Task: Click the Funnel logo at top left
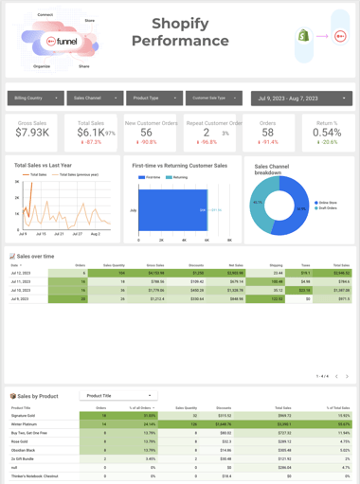pos(64,42)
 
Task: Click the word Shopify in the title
pos(180,24)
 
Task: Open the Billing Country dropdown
pos(35,98)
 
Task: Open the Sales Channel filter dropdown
pos(95,98)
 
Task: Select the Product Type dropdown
pos(154,98)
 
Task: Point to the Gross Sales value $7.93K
pos(32,133)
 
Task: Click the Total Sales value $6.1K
pos(91,134)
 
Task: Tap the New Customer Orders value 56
pos(147,134)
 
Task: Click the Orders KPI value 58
pos(267,134)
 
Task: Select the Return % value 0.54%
pos(327,134)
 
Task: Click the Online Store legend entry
pos(326,203)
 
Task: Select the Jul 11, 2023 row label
pos(21,281)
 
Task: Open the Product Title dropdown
pos(118,396)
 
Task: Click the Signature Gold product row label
pos(24,416)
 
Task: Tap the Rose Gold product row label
pos(19,441)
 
